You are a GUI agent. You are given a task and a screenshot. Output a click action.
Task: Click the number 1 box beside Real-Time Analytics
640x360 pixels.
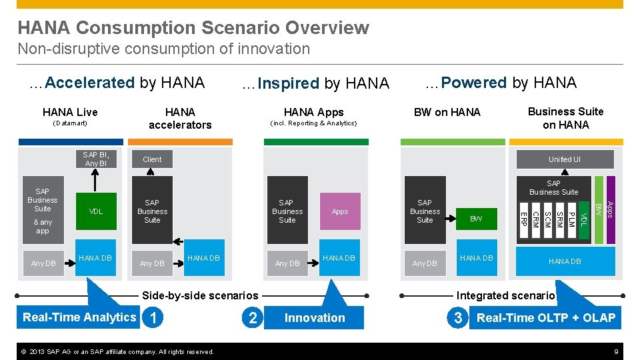click(x=155, y=318)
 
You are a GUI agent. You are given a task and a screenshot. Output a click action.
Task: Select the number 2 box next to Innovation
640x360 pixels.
click(x=252, y=318)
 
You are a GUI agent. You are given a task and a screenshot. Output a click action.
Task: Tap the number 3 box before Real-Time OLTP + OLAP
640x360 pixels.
click(x=457, y=318)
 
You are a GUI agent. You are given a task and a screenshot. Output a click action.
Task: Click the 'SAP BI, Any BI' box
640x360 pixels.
click(x=96, y=159)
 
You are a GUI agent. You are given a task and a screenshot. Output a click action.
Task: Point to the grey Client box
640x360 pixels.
click(x=152, y=159)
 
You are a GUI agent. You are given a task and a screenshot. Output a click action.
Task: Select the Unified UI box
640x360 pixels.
click(x=564, y=159)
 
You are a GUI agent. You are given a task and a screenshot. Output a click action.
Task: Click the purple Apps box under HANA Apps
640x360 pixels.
click(x=340, y=211)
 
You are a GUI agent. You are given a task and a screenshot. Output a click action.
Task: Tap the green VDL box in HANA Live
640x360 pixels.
click(x=96, y=211)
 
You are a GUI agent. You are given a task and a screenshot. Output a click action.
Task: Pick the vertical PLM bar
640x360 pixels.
click(x=571, y=219)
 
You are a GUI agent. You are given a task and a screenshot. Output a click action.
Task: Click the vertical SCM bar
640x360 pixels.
click(x=547, y=219)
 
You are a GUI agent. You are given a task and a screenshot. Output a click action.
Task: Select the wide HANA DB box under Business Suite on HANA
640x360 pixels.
click(x=564, y=261)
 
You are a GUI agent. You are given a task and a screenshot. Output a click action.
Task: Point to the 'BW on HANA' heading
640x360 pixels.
click(x=447, y=112)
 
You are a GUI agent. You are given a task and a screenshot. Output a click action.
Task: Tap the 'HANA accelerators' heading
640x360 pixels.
click(x=180, y=119)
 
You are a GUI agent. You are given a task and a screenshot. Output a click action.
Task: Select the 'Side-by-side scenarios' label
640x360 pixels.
click(x=200, y=295)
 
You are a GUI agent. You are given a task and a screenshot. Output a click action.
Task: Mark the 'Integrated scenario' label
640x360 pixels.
click(x=505, y=295)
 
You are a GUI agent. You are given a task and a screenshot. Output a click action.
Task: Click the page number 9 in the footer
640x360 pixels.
click(x=615, y=351)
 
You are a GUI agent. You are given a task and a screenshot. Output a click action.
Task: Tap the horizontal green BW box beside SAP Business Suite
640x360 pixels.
click(x=476, y=219)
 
